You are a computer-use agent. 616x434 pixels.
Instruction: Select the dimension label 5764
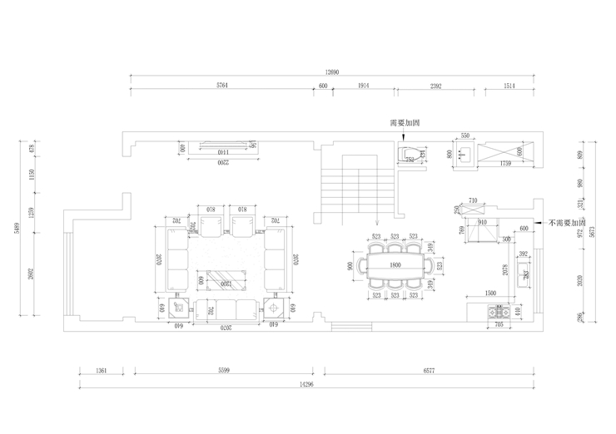pos(222,86)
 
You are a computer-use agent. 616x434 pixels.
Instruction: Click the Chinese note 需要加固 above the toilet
pos(404,123)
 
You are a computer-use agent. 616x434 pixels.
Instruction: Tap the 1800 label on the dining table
pos(396,265)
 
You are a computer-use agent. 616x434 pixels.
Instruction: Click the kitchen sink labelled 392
pos(524,274)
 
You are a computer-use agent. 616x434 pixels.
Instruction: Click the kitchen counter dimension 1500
pos(490,293)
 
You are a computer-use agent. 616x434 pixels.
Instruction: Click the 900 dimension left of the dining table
pos(349,266)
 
